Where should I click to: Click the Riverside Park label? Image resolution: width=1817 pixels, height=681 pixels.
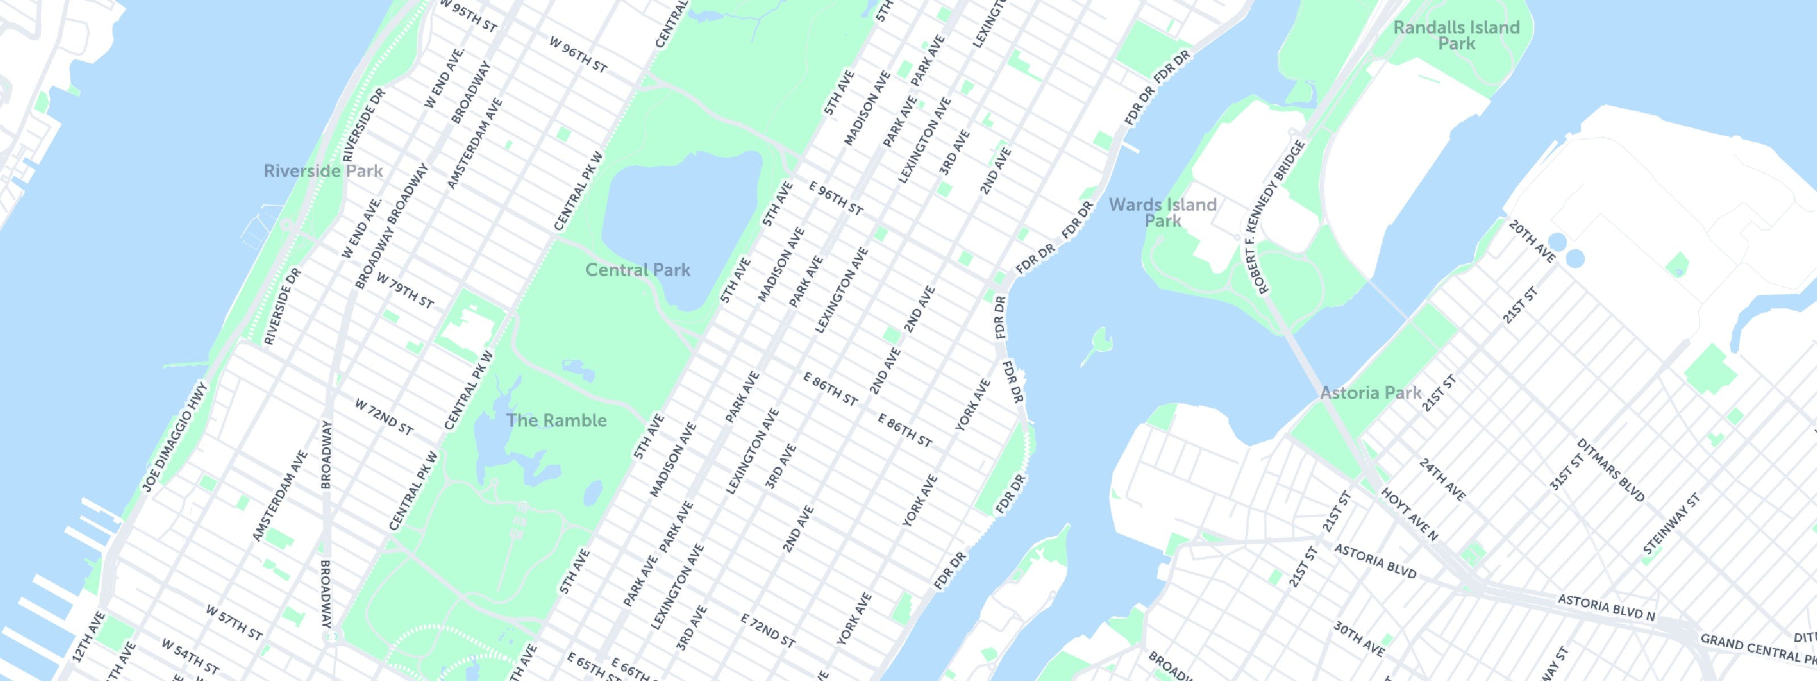pos(323,171)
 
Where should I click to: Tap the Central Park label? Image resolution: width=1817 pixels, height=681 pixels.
pos(638,270)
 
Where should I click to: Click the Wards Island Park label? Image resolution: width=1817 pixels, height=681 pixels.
pos(1162,212)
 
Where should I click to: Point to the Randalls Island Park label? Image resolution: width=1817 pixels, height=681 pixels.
pos(1456,35)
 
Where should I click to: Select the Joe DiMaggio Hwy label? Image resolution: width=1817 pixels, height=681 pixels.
pos(175,437)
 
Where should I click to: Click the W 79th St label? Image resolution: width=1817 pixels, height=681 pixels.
pos(404,291)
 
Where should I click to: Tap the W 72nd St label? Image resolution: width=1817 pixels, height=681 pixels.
pos(384,417)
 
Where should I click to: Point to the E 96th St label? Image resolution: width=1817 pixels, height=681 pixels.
pos(836,199)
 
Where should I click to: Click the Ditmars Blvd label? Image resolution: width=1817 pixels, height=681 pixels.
pos(1610,470)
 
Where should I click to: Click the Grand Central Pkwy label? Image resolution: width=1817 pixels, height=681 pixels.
pos(1756,648)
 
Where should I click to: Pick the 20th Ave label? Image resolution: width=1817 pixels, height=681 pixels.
pos(1531,241)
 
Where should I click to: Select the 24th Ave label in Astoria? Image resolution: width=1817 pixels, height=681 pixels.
pos(1442,480)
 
